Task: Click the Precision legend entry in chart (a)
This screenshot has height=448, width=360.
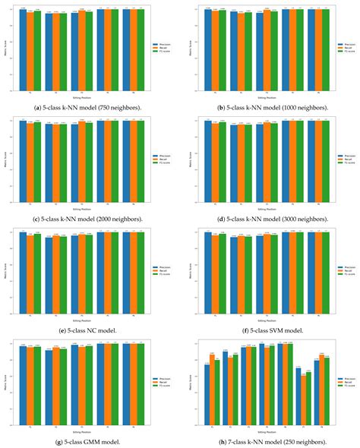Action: click(161, 45)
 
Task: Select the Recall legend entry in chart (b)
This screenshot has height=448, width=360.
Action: click(342, 48)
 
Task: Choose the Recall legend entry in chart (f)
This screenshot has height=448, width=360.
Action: click(342, 271)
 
